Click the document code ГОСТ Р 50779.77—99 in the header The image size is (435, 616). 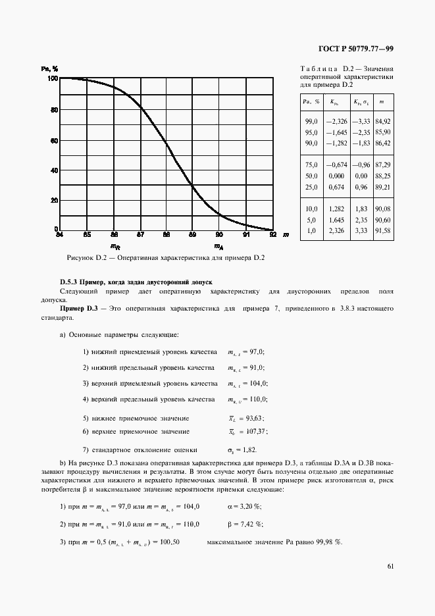point(355,49)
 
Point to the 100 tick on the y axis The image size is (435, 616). point(51,78)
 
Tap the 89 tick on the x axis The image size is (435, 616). point(192,234)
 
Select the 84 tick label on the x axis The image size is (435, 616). point(59,234)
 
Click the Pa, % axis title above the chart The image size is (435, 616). point(50,68)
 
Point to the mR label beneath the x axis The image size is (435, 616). point(115,247)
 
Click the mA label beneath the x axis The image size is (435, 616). point(218,247)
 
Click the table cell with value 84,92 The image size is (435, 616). point(382,122)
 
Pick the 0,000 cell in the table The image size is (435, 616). point(336,176)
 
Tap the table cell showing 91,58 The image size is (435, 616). point(382,231)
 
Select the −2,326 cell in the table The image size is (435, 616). point(336,122)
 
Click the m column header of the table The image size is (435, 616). point(382,102)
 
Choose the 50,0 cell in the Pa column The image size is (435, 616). point(311,176)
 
